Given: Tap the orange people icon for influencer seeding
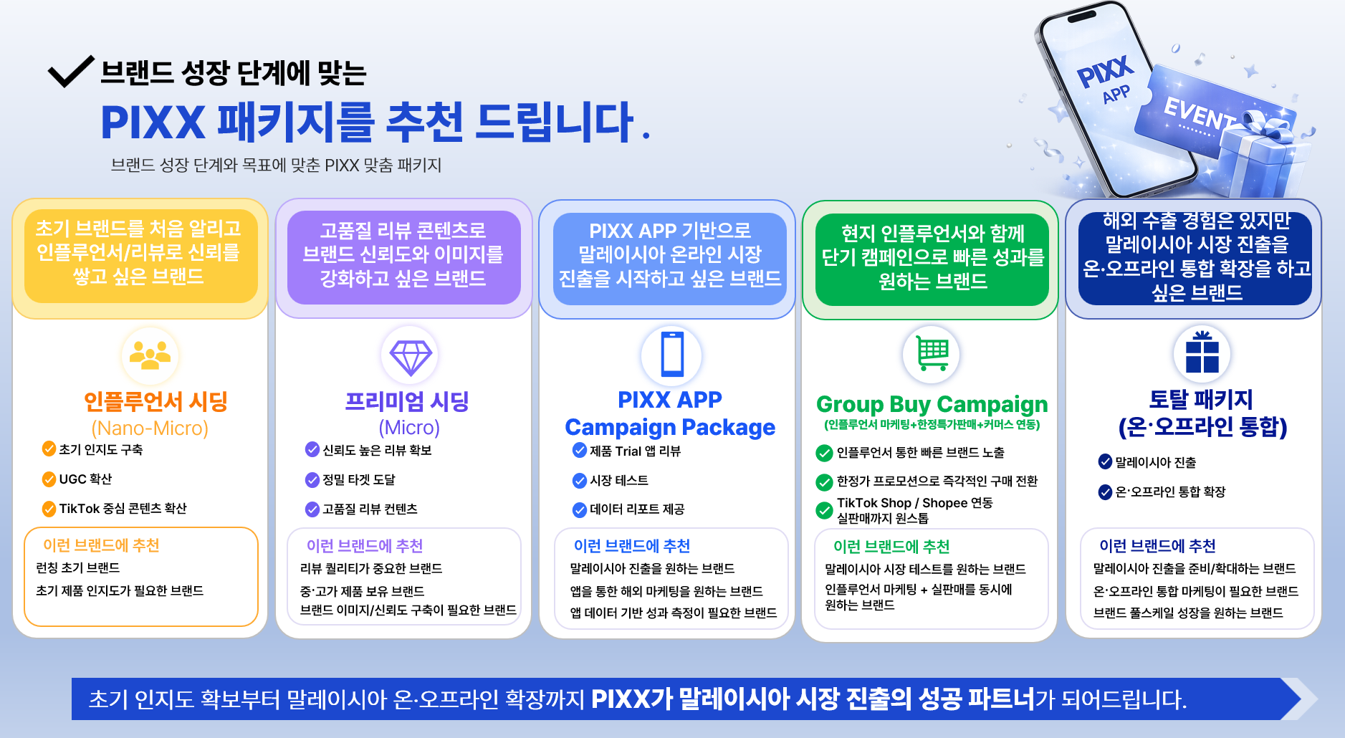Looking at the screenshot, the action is (x=150, y=355).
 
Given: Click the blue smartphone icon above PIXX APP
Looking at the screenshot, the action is (x=672, y=353).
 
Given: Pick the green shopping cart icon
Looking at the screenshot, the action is (x=933, y=353).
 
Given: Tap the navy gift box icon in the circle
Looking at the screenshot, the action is (x=1202, y=352).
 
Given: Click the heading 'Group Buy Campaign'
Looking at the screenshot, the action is (x=932, y=404).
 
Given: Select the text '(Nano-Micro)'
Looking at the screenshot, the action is (x=150, y=428).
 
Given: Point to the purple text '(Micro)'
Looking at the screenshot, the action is (x=409, y=428).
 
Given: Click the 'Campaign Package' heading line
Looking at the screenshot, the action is (x=670, y=428).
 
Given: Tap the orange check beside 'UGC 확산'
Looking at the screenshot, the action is (x=49, y=479).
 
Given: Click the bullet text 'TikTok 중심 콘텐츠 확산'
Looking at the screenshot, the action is (x=123, y=508).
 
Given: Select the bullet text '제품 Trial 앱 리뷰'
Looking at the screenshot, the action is (x=635, y=451).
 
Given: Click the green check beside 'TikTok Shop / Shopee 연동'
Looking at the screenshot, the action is (x=824, y=510).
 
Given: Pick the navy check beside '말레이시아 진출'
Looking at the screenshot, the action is (x=1105, y=461).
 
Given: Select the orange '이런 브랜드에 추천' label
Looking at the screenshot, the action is (x=101, y=545).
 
